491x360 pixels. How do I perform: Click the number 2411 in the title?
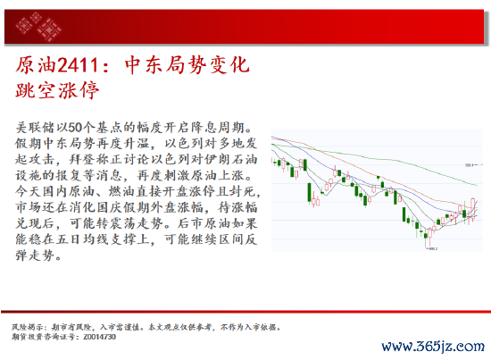pyautogui.click(x=79, y=65)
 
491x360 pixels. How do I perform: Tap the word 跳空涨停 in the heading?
pyautogui.click(x=57, y=90)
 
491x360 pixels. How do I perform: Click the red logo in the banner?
pyautogui.click(x=38, y=27)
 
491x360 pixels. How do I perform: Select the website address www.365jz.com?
pyautogui.click(x=433, y=347)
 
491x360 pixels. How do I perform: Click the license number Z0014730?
pyautogui.click(x=100, y=337)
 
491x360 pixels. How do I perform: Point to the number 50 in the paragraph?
pyautogui.click(x=75, y=127)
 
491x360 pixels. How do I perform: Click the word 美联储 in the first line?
pyautogui.click(x=35, y=127)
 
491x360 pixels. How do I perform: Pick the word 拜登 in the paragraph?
pyautogui.click(x=82, y=159)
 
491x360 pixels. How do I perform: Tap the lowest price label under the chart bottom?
pyautogui.click(x=433, y=248)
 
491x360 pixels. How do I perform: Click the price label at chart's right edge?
pyautogui.click(x=469, y=164)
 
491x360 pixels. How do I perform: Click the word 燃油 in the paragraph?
pyautogui.click(x=122, y=191)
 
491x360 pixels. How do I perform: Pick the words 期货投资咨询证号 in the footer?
pyautogui.click(x=42, y=337)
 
